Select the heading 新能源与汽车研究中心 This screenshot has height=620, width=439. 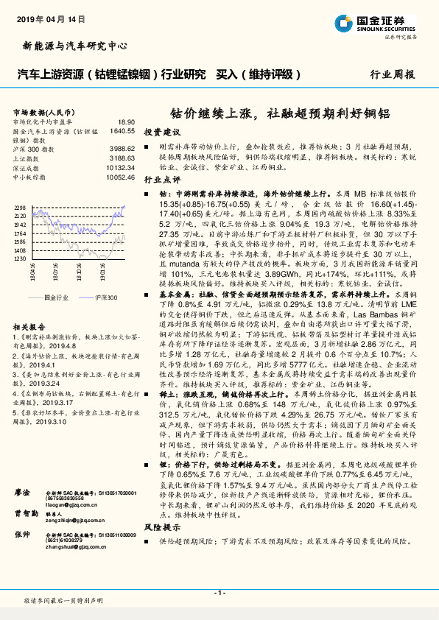click(66, 45)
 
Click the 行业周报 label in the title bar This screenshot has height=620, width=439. click(392, 74)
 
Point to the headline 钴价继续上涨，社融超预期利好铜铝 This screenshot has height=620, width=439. click(286, 113)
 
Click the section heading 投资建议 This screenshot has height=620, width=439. click(162, 132)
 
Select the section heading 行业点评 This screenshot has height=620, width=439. click(162, 178)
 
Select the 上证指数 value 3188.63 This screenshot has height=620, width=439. click(122, 158)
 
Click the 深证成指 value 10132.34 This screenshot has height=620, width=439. click(120, 168)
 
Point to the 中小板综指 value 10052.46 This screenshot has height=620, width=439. click(120, 177)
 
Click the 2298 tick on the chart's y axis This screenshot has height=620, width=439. click(21, 208)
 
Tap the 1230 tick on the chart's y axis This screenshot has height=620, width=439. click(21, 258)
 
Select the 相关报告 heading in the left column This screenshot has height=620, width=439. click(29, 326)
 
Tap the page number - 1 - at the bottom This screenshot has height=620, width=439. click(219, 593)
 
